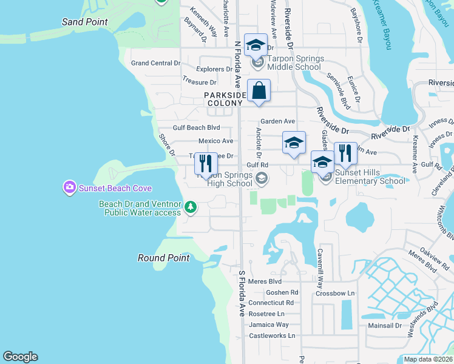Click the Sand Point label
pyautogui.click(x=85, y=22)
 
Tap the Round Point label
pyautogui.click(x=163, y=258)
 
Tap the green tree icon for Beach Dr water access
pyautogui.click(x=191, y=208)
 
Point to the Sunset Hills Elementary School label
pyautogui.click(x=370, y=177)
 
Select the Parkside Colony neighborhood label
pyautogui.click(x=225, y=99)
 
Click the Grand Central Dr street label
pyautogui.click(x=156, y=63)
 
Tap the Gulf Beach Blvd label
pyautogui.click(x=196, y=128)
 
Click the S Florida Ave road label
pyautogui.click(x=241, y=294)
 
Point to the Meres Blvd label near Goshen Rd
pyautogui.click(x=265, y=281)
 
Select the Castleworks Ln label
pyautogui.click(x=272, y=335)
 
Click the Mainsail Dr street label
pyautogui.click(x=385, y=326)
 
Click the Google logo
pyautogui.click(x=20, y=357)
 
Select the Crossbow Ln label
pyautogui.click(x=334, y=294)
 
